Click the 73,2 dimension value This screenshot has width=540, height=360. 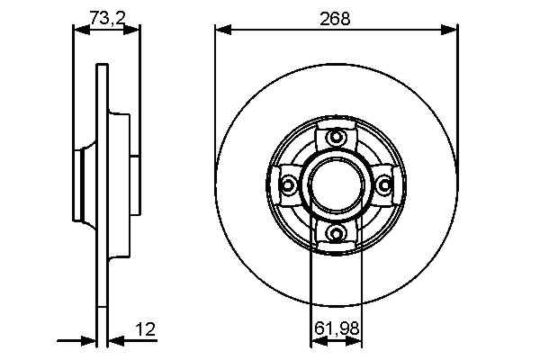point(106,15)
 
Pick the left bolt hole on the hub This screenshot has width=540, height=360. point(289,185)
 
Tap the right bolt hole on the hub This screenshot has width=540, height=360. point(385,185)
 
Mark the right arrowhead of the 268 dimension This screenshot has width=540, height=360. point(453,30)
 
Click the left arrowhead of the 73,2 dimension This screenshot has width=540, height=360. point(78,30)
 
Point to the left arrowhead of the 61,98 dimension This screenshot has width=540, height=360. point(316,340)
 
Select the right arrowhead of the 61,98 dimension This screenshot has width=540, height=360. point(359,340)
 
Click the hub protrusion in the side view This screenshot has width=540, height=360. point(81,185)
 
